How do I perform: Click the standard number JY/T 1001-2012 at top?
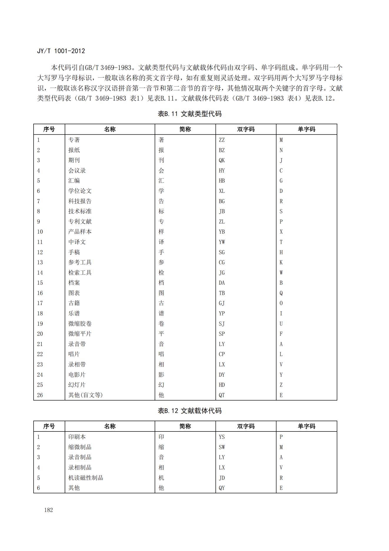point(61,51)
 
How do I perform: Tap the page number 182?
point(49,510)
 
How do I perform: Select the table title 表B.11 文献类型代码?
point(189,114)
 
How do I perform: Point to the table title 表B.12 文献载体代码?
point(189,411)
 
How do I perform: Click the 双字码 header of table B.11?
point(246,129)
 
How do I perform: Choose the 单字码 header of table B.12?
point(306,426)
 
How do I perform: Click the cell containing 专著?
point(74,140)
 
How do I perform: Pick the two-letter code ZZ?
point(222,140)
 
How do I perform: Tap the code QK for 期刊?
point(222,160)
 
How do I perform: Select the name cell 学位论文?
point(80,191)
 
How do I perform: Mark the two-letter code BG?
point(222,201)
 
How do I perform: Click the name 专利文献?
point(80,221)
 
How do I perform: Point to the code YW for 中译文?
point(222,242)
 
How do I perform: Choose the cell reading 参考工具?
point(80,262)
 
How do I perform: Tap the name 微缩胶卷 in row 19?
point(80,324)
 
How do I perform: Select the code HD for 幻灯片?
point(222,385)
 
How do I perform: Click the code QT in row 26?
point(222,395)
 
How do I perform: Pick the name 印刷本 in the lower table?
point(77,437)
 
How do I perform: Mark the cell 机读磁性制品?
point(86,478)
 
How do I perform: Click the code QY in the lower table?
point(222,488)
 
